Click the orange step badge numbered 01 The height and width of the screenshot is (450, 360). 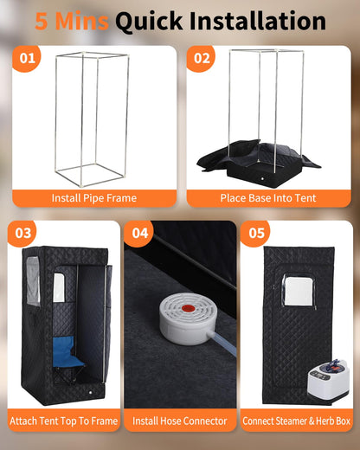click(x=27, y=58)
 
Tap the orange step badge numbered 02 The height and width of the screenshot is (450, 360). click(x=201, y=58)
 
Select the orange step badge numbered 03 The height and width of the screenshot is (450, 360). click(x=22, y=233)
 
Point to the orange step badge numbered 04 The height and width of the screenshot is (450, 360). click(x=139, y=233)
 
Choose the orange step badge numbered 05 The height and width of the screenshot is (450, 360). click(x=255, y=233)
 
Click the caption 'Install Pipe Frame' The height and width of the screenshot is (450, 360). click(x=94, y=198)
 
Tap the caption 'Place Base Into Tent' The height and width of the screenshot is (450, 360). click(x=268, y=198)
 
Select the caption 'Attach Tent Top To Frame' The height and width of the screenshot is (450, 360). click(x=64, y=421)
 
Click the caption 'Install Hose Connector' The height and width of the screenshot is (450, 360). click(x=180, y=421)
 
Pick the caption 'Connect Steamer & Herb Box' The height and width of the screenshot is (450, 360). click(x=296, y=421)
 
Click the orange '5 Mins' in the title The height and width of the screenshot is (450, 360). click(x=72, y=21)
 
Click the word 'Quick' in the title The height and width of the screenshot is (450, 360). click(x=149, y=22)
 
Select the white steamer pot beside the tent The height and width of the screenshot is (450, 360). click(x=328, y=381)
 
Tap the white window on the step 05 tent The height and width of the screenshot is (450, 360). click(x=298, y=290)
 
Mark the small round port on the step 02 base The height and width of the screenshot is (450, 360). click(x=262, y=179)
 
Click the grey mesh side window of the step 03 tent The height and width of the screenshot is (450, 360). click(x=33, y=281)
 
